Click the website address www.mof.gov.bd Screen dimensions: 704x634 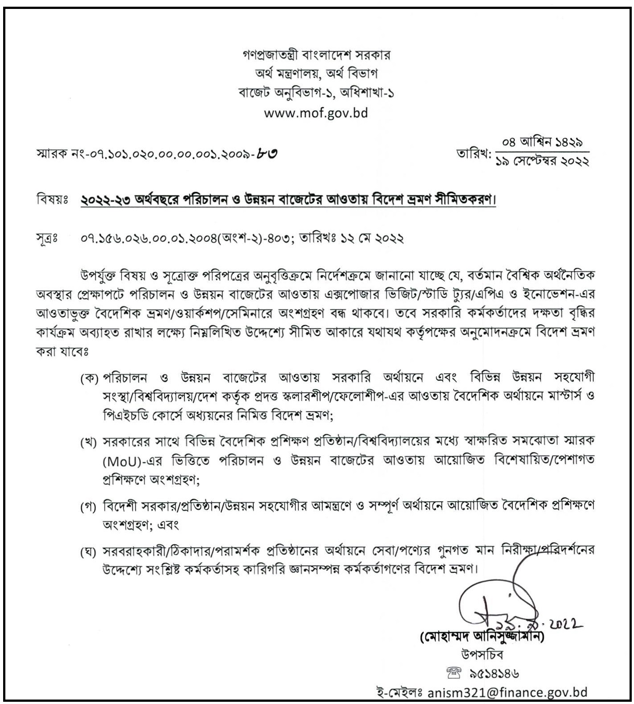coord(316,112)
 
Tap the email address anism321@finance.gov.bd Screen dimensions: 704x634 coord(507,692)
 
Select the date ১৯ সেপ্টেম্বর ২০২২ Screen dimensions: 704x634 coord(542,162)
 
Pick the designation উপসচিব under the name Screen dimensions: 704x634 coord(482,654)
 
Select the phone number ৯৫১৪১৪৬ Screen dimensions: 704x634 coord(494,673)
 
